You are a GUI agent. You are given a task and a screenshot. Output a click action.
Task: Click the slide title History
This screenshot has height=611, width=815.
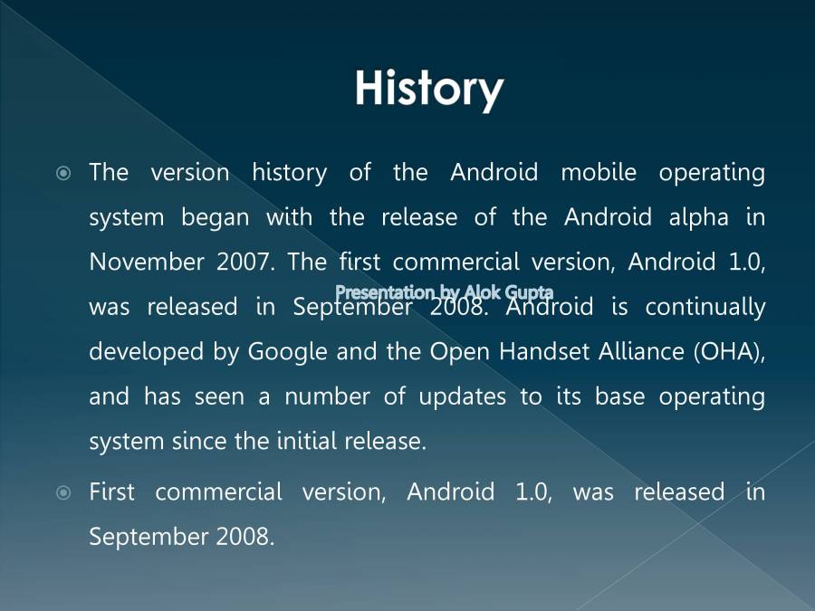428,89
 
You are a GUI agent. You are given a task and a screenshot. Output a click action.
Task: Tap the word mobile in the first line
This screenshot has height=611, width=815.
599,172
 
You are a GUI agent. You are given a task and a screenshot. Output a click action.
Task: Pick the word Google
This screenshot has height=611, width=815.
287,351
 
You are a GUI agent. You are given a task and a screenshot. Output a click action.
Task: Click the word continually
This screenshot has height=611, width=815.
705,307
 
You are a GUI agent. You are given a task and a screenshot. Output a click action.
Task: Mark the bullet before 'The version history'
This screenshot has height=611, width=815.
63,172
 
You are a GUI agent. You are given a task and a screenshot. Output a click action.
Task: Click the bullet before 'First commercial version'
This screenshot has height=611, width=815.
63,492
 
